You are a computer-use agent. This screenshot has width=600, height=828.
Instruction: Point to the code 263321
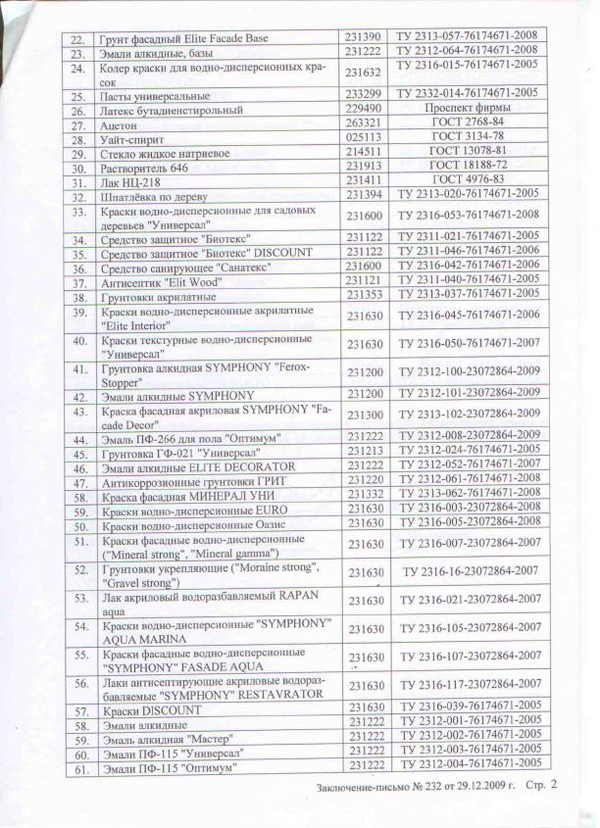365,124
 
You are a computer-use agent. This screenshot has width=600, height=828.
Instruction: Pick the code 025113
365,138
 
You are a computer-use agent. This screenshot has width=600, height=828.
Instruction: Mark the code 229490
365,110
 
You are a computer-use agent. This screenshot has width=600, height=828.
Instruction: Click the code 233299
365,94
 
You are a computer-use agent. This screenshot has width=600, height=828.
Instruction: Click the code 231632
365,72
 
